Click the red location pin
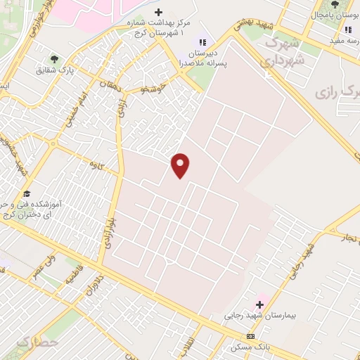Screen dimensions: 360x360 click(x=181, y=165)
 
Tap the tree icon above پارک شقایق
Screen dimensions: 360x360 click(x=55, y=60)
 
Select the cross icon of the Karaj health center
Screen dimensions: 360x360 click(x=158, y=12)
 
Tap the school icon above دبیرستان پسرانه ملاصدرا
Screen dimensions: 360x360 click(x=203, y=42)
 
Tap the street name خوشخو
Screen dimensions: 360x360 click(x=153, y=89)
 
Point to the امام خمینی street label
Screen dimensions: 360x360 click(x=75, y=110)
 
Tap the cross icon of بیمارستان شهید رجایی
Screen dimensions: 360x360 click(x=259, y=304)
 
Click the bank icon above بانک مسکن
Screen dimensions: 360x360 click(x=251, y=336)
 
